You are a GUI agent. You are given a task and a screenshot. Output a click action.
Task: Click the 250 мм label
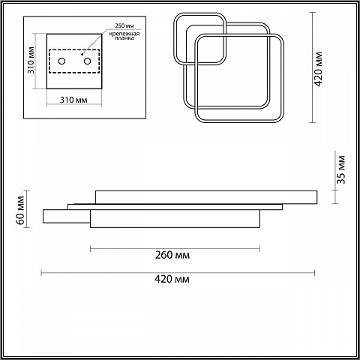tap(124, 25)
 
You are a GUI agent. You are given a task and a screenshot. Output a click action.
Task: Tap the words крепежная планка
tap(124, 35)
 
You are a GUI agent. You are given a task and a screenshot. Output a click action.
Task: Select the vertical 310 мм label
tap(31, 60)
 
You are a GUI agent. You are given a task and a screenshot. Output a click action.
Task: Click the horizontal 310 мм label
tap(73, 100)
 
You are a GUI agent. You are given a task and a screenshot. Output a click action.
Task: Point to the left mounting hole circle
tap(61, 61)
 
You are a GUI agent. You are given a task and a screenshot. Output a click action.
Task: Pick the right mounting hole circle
tap(87, 61)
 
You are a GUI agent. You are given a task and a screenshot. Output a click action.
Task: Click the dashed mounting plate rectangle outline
tap(74, 49)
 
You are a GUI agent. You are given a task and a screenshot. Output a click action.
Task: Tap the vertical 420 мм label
tap(318, 69)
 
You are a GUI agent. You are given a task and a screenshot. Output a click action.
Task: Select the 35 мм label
tap(340, 169)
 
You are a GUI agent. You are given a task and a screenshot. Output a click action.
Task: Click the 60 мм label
tap(21, 210)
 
